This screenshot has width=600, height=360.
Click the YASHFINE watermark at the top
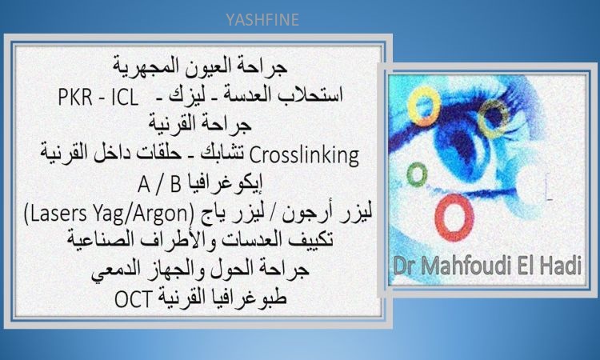(262, 19)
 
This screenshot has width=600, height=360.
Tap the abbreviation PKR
(75, 98)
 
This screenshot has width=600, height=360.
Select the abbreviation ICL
(124, 98)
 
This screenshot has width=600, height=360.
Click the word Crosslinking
(304, 155)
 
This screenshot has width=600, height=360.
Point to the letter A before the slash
(143, 184)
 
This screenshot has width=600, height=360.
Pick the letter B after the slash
(176, 184)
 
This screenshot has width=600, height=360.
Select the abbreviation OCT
(134, 299)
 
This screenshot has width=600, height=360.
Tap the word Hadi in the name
(562, 266)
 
